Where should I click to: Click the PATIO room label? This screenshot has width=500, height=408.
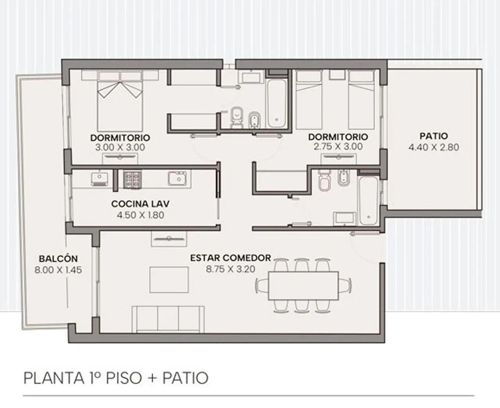point(434,136)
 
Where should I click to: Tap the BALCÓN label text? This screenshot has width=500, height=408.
point(58,259)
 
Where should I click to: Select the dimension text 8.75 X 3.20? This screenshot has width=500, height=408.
point(230,269)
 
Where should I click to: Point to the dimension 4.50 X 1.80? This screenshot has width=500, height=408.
point(140,215)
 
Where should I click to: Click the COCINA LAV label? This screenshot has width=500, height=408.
point(140,204)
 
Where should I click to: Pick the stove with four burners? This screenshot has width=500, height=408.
point(133,180)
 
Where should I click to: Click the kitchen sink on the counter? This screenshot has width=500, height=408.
point(177,178)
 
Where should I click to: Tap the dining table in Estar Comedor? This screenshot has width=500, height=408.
point(304,286)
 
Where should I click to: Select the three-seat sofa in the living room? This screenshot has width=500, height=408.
point(168,319)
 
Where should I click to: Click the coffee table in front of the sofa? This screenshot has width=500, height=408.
point(169,280)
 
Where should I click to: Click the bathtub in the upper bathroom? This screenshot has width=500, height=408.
point(277,104)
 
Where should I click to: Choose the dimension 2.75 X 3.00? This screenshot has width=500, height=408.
point(338,146)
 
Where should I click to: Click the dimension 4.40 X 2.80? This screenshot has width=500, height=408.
point(434,147)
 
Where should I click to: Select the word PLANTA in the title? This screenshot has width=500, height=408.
point(54,378)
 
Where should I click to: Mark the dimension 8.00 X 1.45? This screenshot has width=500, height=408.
point(58,270)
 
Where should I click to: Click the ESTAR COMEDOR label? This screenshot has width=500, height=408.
point(230,258)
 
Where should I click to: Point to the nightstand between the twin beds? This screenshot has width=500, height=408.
point(337,74)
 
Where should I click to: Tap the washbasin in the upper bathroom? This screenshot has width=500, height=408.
point(251,77)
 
